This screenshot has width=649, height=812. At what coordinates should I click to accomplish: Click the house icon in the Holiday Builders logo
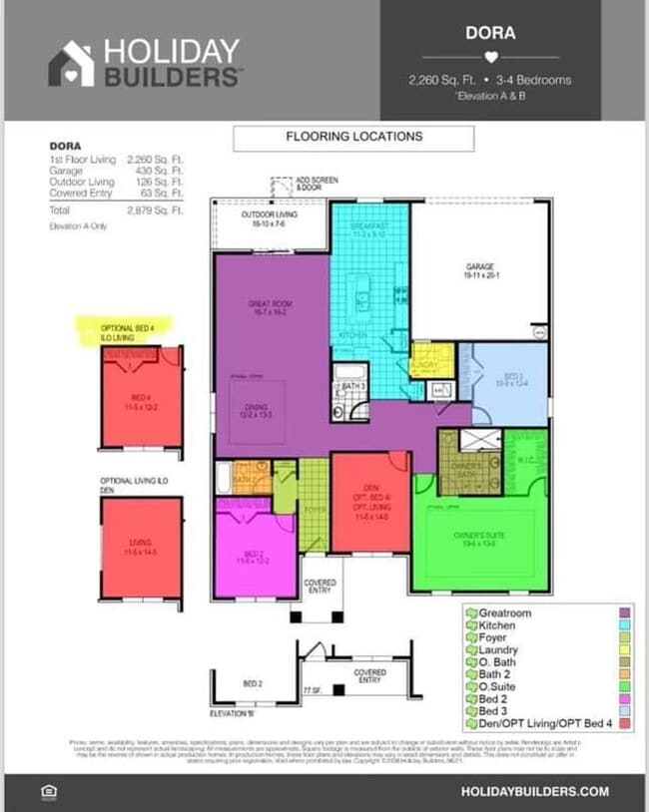71,63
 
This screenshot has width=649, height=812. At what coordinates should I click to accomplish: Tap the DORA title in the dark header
490,32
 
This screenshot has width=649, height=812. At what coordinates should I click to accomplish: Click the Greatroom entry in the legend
505,612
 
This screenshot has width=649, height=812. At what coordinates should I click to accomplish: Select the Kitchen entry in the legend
499,625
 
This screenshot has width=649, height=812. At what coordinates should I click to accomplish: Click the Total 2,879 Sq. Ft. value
155,210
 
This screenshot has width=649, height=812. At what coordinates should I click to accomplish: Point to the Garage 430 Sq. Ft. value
155,171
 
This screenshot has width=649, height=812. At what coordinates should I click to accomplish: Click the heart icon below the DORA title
490,57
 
